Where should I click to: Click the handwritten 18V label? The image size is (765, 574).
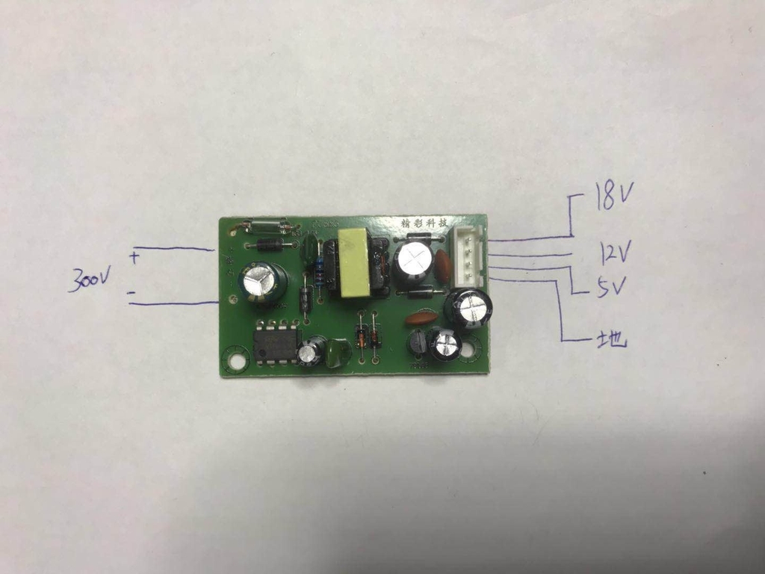point(614,197)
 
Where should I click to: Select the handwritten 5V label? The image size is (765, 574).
point(612,287)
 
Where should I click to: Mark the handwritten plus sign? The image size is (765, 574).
point(134,258)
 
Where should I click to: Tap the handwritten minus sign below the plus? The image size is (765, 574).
point(131,294)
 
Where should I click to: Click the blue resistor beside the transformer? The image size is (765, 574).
point(320,271)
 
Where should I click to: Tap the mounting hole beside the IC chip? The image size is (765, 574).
point(237,361)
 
